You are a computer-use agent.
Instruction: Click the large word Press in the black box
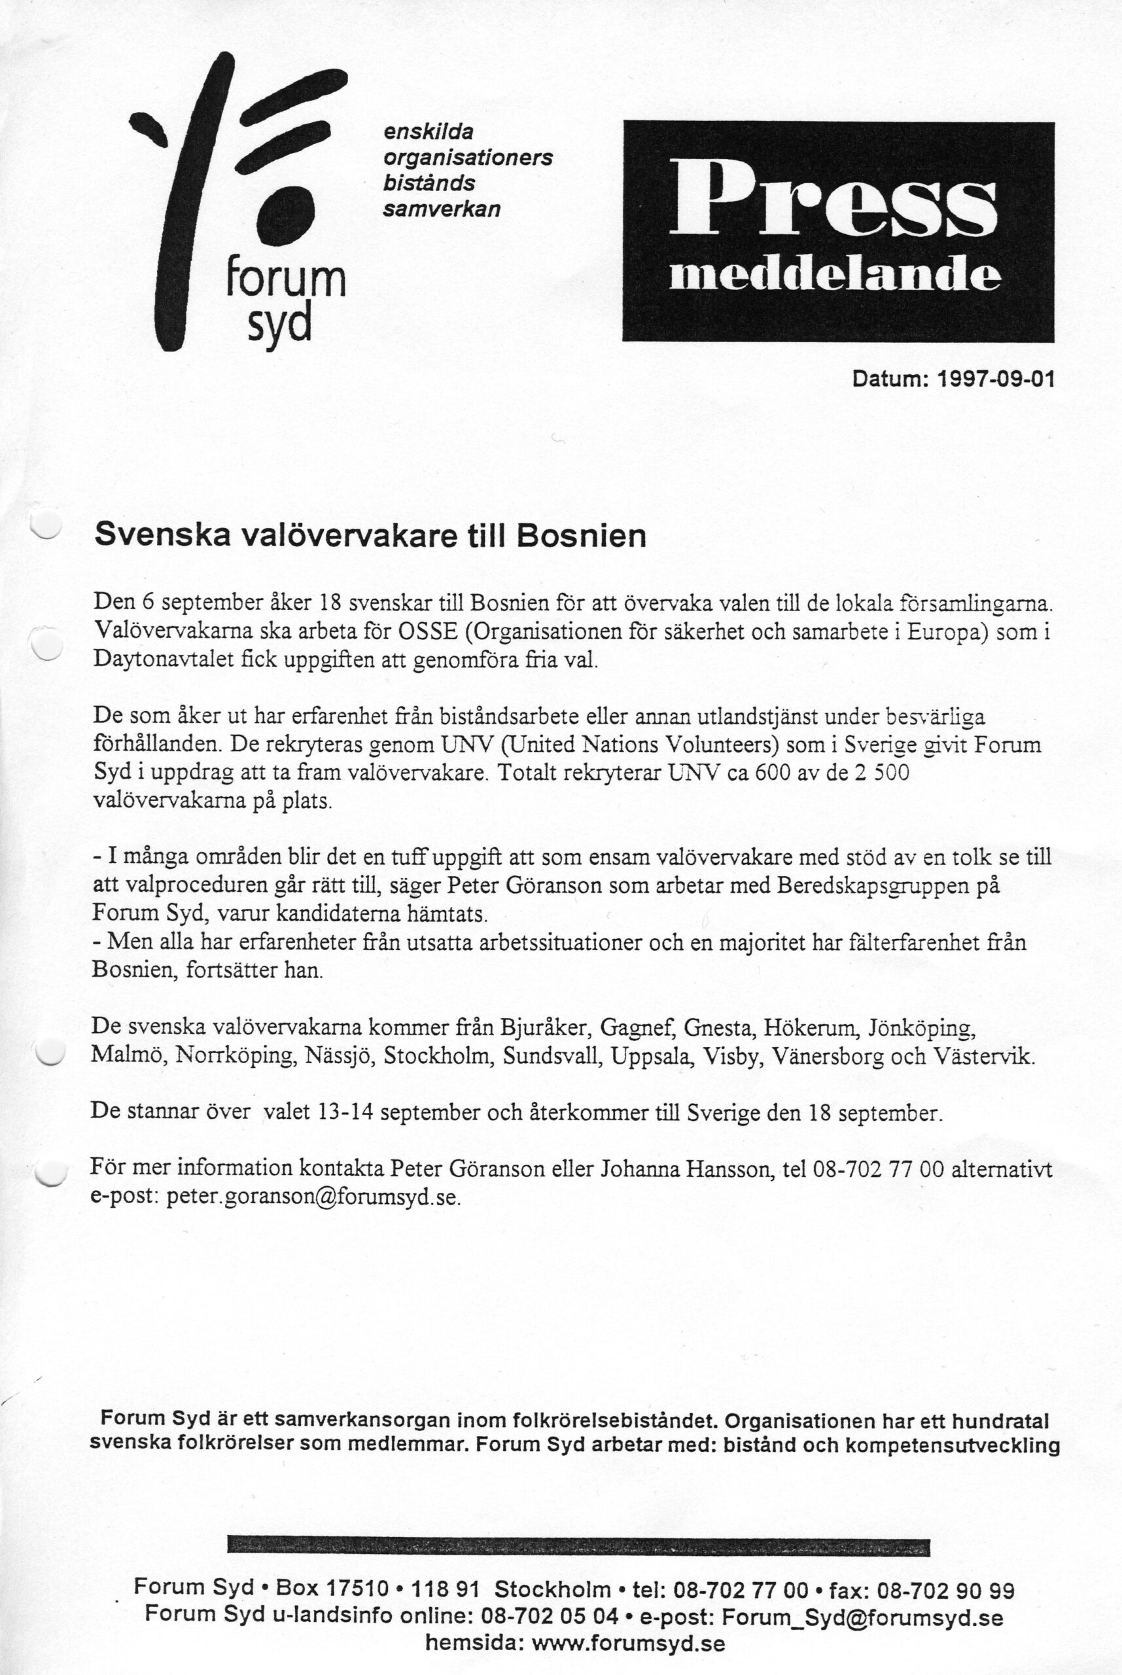pyautogui.click(x=832, y=200)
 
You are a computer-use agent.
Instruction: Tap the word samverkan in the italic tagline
pyautogui.click(x=442, y=209)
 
